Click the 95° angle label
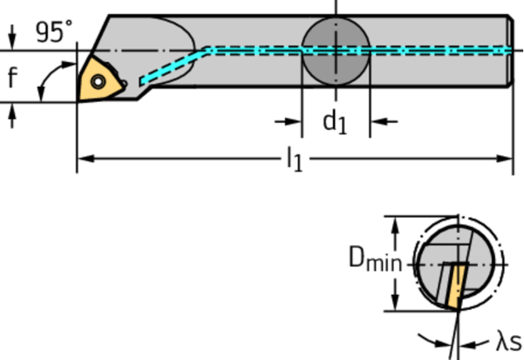(x=53, y=31)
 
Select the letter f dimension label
(x=12, y=77)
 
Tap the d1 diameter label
(x=335, y=121)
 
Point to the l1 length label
(x=293, y=160)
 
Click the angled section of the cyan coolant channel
(x=176, y=65)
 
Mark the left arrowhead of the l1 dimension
(x=83, y=159)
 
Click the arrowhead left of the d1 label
(x=294, y=121)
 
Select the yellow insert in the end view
(x=454, y=285)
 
